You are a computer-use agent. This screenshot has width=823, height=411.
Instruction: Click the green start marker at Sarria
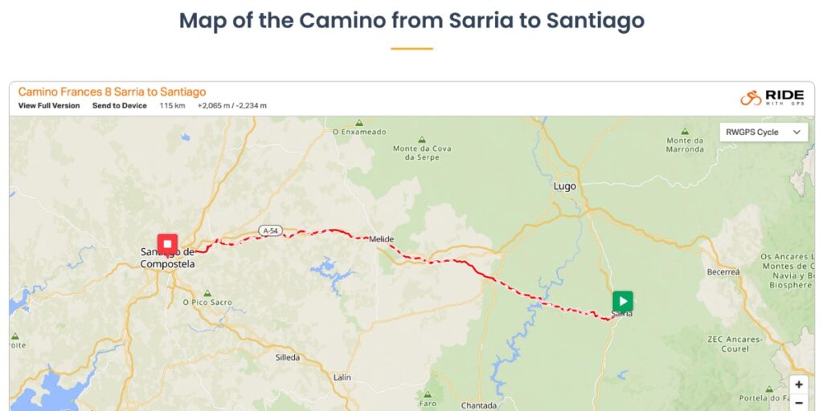point(622,301)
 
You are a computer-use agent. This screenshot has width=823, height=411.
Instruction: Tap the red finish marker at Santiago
point(167,243)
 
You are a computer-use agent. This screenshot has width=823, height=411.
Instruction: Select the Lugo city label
point(565,186)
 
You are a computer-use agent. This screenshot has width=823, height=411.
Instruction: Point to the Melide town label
point(380,238)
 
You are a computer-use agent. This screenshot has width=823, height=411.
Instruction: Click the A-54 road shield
point(270,231)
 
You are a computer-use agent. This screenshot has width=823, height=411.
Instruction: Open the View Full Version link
point(49,106)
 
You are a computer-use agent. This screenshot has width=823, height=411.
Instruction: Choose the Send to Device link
point(119,106)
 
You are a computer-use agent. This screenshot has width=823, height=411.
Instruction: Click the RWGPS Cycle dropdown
point(763,132)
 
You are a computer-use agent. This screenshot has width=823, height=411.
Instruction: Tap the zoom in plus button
point(798,385)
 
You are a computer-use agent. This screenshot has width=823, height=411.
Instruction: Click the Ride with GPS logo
point(772,97)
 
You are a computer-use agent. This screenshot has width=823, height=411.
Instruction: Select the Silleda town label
point(287,356)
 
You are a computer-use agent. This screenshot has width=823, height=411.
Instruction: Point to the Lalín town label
point(342,376)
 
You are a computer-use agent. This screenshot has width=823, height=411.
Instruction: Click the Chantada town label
point(479,405)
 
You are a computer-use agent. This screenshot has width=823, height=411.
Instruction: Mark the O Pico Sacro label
point(207,303)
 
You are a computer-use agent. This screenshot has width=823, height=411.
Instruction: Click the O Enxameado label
point(359,132)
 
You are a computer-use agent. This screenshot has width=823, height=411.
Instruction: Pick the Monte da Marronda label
point(685,144)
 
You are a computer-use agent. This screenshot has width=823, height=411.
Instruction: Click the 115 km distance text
point(172,106)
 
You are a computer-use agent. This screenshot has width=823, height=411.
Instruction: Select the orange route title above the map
point(112,92)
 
